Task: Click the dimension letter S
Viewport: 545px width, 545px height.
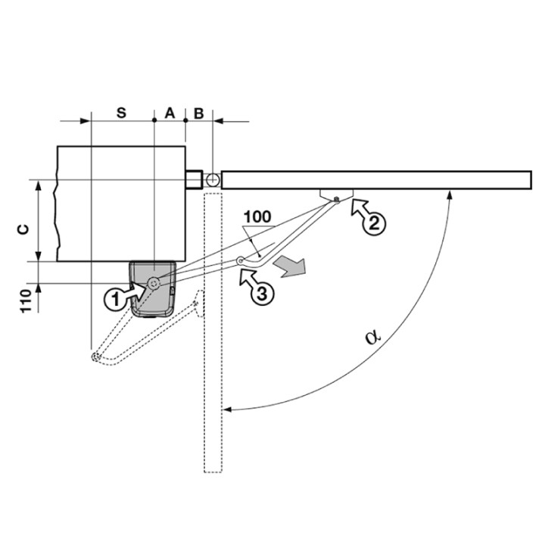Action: pyautogui.click(x=121, y=112)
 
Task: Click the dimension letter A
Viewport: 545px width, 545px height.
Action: pyautogui.click(x=170, y=112)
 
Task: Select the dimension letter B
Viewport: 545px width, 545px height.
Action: pyautogui.click(x=198, y=112)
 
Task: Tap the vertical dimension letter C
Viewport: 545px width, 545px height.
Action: pyautogui.click(x=23, y=229)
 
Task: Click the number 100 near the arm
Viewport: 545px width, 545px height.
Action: pyautogui.click(x=257, y=216)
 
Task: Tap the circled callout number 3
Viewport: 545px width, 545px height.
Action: pyautogui.click(x=260, y=294)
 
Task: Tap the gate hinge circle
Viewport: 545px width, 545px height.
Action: pyautogui.click(x=213, y=180)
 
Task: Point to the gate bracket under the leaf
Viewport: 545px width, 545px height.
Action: pyautogui.click(x=335, y=195)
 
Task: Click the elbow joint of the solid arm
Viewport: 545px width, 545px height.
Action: pyautogui.click(x=241, y=261)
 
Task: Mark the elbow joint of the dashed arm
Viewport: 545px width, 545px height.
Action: pyautogui.click(x=95, y=357)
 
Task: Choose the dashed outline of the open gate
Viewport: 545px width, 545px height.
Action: pyautogui.click(x=213, y=341)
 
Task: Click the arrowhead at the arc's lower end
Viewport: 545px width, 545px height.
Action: pyautogui.click(x=227, y=409)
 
